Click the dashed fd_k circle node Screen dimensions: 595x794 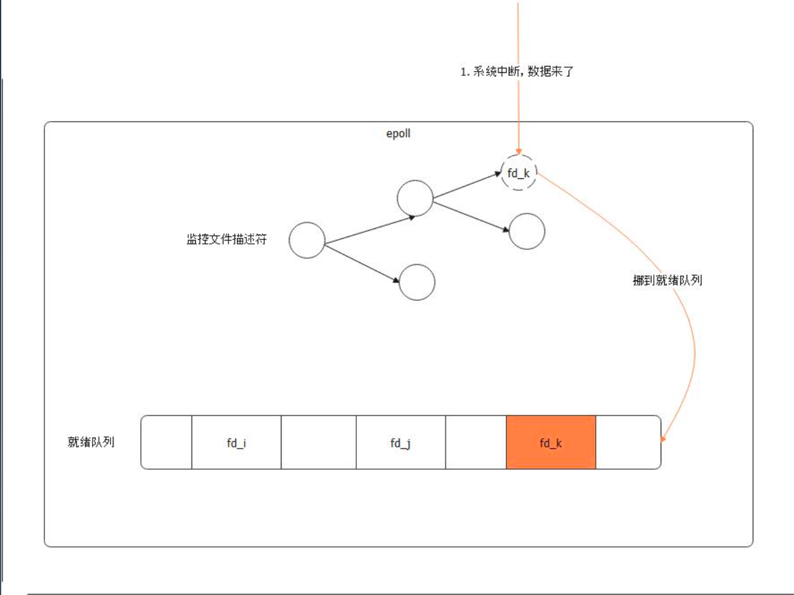519,173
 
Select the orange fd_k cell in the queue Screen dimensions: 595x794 551,443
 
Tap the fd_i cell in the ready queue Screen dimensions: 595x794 236,443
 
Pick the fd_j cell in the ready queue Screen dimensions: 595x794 401,443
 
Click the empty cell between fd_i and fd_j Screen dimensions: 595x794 319,443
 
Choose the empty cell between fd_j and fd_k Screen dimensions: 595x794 475,443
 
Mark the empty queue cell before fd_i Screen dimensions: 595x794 167,443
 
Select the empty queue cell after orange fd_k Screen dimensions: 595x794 628,443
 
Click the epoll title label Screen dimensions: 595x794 398,133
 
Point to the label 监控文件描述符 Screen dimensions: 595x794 227,239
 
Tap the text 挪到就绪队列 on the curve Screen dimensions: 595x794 667,280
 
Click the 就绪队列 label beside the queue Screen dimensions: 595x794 91,442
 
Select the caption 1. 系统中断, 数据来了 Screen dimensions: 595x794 517,72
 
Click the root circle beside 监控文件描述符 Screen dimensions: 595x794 307,240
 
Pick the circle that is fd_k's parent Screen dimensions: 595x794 415,198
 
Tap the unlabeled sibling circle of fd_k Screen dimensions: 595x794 527,231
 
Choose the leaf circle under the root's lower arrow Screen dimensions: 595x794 417,282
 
